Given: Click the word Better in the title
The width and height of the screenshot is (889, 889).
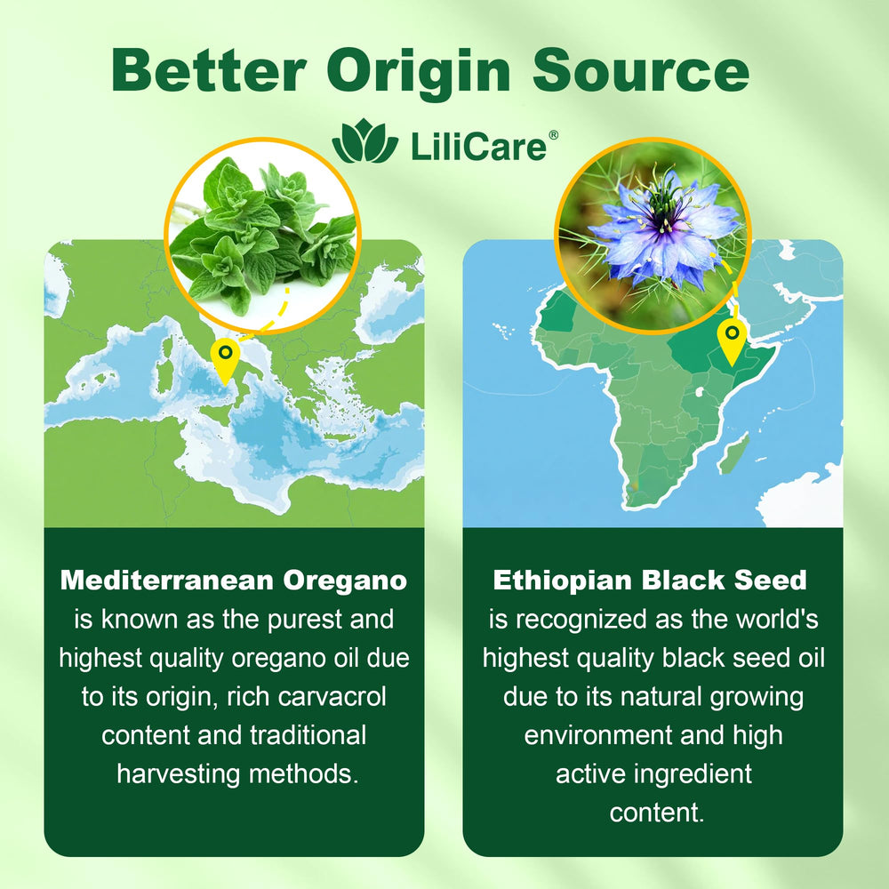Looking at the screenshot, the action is [209, 70].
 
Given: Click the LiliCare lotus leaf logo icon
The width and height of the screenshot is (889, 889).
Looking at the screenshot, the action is [365, 141].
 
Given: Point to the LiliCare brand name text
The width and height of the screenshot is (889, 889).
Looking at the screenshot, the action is [478, 147].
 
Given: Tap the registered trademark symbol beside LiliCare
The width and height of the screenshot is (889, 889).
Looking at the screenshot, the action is [553, 135].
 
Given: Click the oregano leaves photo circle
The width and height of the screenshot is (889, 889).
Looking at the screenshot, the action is [262, 236].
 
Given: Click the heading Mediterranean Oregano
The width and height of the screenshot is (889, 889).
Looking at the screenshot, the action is [234, 580].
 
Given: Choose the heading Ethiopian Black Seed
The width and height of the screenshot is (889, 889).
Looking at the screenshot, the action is [650, 580].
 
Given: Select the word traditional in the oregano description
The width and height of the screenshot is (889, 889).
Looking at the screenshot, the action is [308, 735].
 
